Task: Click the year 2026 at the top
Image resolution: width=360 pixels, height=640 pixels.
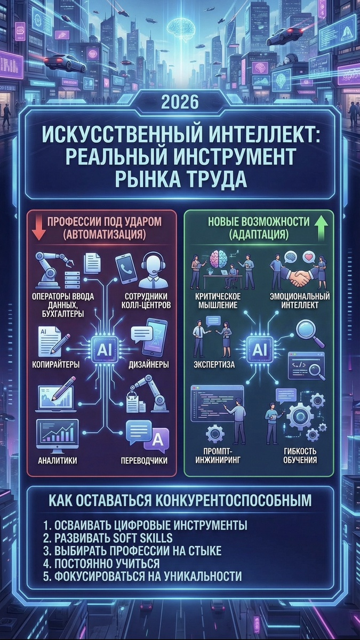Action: (x=180, y=101)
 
